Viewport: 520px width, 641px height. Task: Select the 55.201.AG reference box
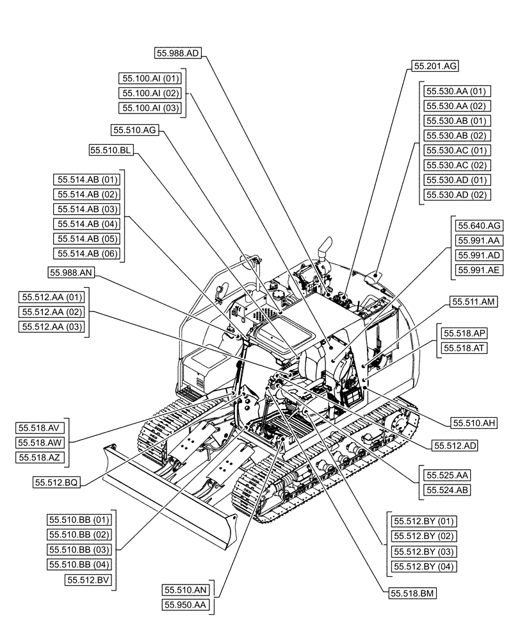[435, 65]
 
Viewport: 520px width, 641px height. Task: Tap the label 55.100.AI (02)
[151, 93]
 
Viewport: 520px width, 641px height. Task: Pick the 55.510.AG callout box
[134, 130]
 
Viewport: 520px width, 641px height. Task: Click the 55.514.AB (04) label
[88, 224]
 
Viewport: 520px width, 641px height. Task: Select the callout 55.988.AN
[71, 273]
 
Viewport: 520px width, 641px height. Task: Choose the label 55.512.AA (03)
[53, 327]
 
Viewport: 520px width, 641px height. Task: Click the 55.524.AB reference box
[446, 490]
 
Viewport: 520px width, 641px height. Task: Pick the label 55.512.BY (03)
[423, 551]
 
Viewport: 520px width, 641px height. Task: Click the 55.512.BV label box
[89, 579]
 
